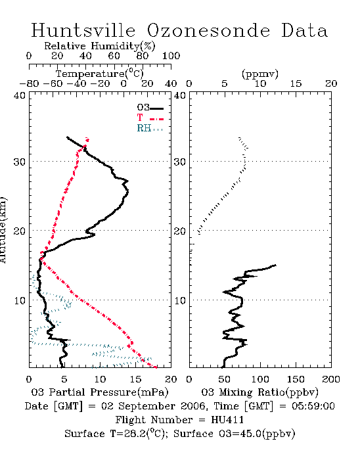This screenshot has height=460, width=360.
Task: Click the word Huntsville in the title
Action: pos(83,30)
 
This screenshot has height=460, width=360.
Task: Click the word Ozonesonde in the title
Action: pos(208,30)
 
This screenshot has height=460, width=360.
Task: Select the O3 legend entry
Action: pos(150,108)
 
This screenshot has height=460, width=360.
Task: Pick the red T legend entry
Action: pos(150,118)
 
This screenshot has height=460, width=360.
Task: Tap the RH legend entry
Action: pos(150,128)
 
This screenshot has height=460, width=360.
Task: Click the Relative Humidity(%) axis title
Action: pos(100,46)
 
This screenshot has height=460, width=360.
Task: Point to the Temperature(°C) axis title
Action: pos(100,74)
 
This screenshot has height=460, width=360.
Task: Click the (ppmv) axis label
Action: pos(260,74)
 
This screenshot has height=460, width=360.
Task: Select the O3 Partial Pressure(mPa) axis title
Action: pos(100,392)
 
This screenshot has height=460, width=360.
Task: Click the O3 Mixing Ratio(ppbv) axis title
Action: pos(259,392)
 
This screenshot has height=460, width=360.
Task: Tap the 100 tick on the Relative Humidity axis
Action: pos(171,56)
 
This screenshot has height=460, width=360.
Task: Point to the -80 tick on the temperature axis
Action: pos(29,83)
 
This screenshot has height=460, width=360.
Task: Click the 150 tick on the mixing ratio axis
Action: pos(296,379)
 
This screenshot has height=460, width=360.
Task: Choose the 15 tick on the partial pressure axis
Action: pos(135,379)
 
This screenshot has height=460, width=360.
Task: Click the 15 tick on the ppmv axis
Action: pos(296,83)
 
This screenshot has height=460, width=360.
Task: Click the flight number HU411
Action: pos(227,420)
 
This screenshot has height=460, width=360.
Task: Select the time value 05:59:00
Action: pos(313,406)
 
